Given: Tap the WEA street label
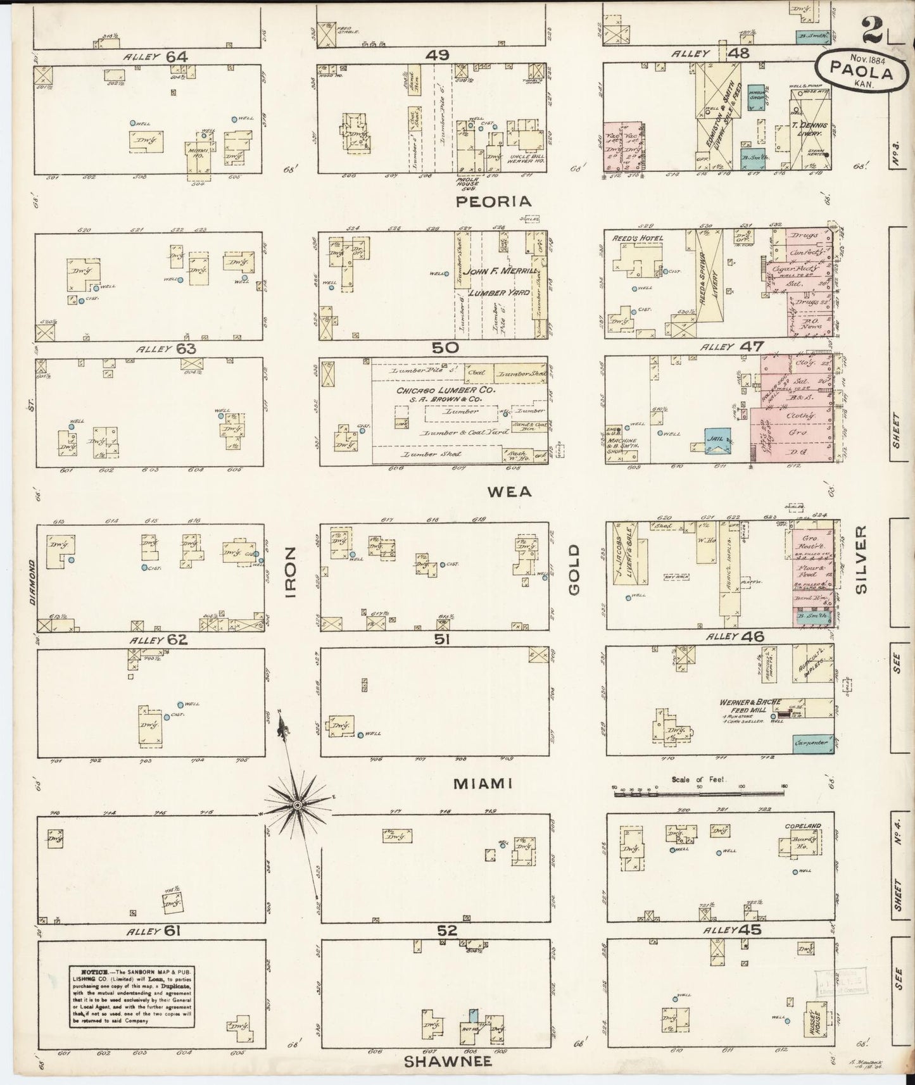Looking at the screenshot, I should [514, 491].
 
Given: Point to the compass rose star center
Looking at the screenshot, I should [296, 805].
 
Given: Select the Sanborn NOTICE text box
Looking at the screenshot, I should [132, 996].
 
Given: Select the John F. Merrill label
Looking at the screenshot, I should [500, 271].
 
